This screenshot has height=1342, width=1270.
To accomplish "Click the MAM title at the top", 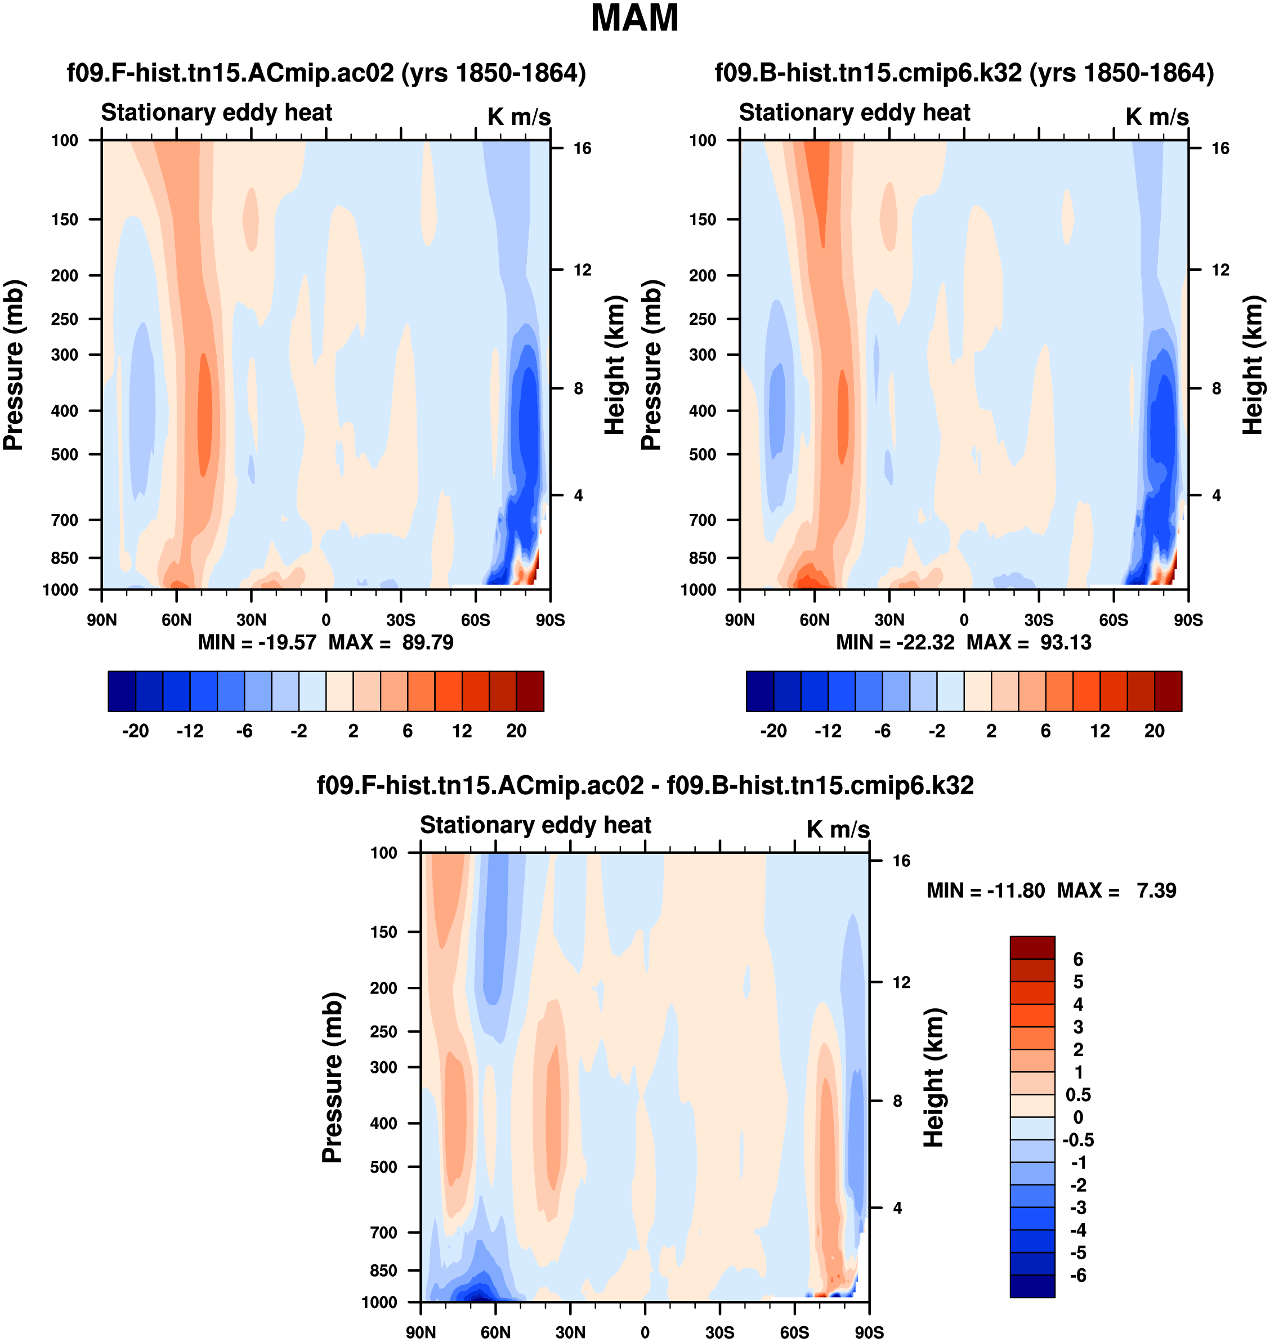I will (634, 18).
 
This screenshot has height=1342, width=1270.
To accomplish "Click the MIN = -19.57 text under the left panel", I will (257, 642).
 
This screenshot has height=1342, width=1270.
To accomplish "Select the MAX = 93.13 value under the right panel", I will (1029, 642).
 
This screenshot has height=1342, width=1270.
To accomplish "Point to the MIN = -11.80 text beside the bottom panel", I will (985, 891).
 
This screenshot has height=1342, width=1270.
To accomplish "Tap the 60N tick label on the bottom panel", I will (495, 1332).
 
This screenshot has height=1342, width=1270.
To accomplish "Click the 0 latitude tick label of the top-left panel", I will (325, 620).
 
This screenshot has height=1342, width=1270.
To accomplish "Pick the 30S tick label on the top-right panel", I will (1039, 620).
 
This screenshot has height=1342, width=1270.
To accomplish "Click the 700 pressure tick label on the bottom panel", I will (383, 1232).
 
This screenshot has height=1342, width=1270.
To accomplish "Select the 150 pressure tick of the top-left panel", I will (64, 220).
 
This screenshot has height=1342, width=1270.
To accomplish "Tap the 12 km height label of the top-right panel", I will (1220, 270).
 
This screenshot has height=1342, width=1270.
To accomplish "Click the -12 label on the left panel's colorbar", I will (190, 731).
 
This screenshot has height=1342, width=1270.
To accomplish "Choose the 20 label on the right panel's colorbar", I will (1154, 731).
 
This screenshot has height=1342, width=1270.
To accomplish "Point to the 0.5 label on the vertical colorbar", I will (1077, 1094).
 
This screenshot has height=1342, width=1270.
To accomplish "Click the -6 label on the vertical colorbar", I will (1077, 1275).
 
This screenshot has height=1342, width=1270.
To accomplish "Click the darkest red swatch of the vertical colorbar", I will (1032, 947).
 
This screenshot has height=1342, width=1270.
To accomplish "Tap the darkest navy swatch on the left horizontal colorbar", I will (122, 691).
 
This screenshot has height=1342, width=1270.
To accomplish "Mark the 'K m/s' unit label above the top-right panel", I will (1157, 117).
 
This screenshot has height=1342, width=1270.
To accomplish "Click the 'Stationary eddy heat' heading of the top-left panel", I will (217, 113).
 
